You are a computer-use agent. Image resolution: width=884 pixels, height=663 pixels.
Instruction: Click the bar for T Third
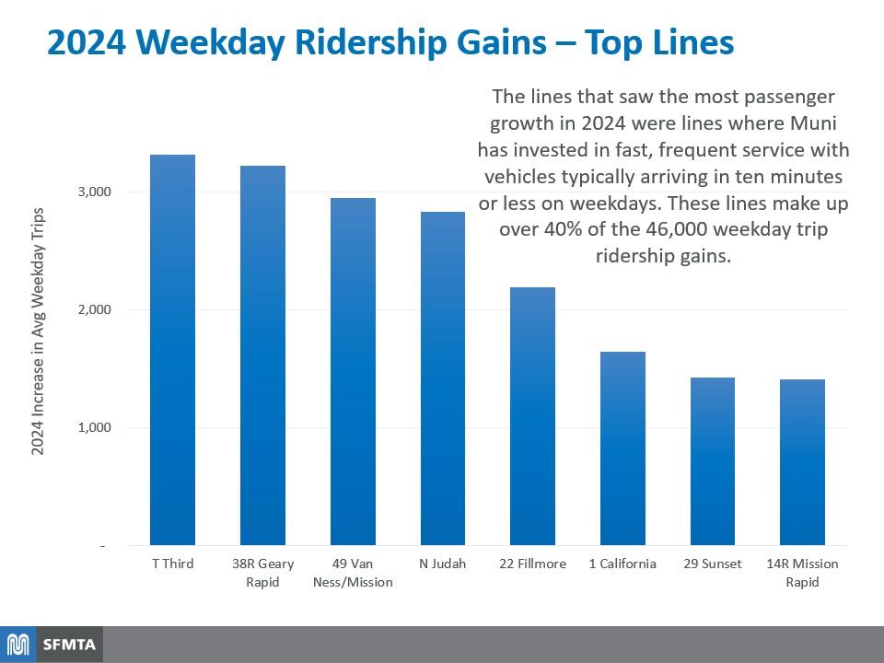(x=172, y=350)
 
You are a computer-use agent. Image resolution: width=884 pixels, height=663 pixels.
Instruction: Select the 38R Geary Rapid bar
(x=262, y=355)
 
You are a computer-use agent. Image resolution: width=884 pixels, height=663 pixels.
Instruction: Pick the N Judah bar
(x=443, y=378)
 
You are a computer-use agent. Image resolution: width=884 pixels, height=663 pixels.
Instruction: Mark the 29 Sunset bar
(x=713, y=461)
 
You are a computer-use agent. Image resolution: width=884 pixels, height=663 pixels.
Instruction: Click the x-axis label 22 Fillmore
(x=533, y=564)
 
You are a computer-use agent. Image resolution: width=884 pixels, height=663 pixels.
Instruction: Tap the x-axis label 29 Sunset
(x=713, y=564)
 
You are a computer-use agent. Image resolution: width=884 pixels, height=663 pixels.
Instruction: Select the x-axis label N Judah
(x=443, y=564)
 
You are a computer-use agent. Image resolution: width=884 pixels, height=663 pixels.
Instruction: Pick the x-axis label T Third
(x=172, y=564)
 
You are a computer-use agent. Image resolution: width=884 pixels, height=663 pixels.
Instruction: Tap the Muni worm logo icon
(x=19, y=644)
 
